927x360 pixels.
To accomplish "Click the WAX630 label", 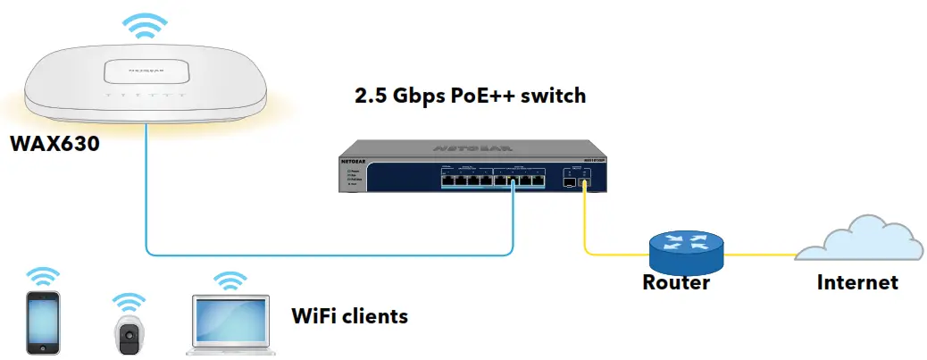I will (x=54, y=143).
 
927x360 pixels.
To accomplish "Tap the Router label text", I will (x=676, y=283).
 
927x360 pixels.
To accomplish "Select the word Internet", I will (x=857, y=283).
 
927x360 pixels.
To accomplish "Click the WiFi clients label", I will (x=350, y=315).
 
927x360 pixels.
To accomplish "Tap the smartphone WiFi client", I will (x=43, y=322).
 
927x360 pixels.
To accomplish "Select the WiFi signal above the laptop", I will (x=230, y=280).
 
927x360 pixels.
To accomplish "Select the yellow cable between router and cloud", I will (x=759, y=254).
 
